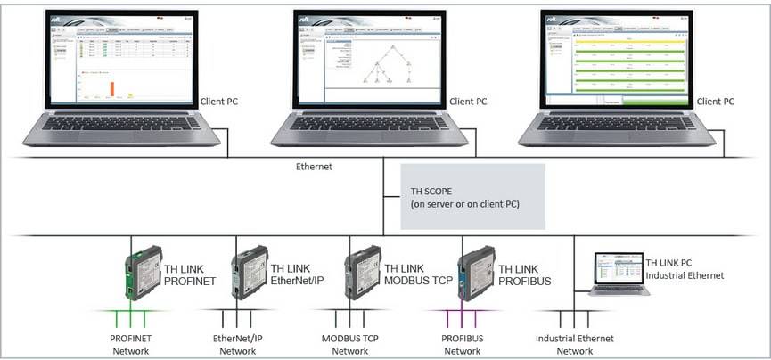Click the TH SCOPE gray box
tap(472, 196)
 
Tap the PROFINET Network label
tap(130, 344)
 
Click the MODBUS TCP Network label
tap(351, 344)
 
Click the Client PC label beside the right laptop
tap(716, 102)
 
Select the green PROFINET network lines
tap(131, 320)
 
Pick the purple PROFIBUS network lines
tap(463, 320)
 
